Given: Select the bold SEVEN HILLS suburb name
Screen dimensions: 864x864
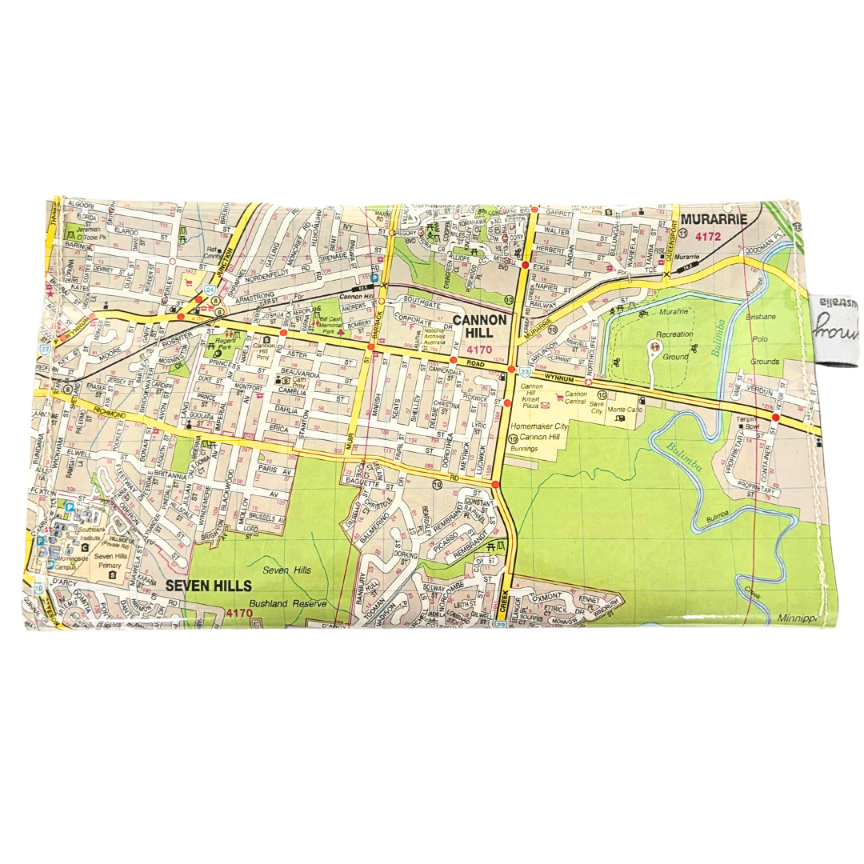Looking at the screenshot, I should click(x=209, y=585).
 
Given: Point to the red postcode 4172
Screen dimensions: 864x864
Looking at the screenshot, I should click(x=708, y=236).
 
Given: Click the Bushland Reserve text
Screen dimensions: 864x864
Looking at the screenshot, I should click(x=277, y=603).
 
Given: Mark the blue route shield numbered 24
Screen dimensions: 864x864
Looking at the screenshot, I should click(x=210, y=290).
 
